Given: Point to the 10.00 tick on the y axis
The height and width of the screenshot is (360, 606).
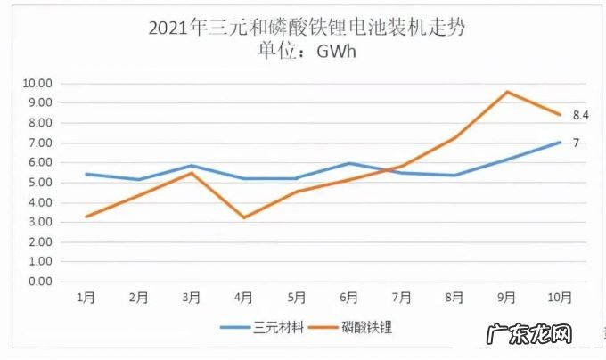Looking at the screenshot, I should click(x=37, y=84).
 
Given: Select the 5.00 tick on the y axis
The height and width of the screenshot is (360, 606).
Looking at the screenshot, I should click(x=37, y=183).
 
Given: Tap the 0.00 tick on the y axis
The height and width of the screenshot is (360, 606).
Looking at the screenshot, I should click(x=37, y=282).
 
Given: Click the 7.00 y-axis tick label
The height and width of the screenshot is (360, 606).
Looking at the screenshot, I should click(x=37, y=143).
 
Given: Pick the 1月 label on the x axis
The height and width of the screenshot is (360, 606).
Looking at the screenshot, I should click(x=86, y=298).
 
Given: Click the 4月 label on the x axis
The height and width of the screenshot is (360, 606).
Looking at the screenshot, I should click(x=244, y=298).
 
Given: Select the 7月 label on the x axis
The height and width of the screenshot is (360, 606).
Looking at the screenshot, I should click(x=402, y=298).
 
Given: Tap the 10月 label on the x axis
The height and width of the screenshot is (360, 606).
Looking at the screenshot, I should click(x=560, y=298).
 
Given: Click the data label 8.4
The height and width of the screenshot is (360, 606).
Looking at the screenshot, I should click(x=581, y=116).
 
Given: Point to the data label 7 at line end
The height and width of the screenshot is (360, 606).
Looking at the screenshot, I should click(x=577, y=143).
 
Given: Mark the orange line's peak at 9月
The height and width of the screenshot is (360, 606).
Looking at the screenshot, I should click(x=507, y=92).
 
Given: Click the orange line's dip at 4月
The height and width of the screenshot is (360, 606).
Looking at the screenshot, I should click(x=244, y=217).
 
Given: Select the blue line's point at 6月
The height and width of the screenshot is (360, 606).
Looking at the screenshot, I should click(x=349, y=163).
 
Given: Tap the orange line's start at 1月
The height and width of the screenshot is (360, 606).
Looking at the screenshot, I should click(x=86, y=217).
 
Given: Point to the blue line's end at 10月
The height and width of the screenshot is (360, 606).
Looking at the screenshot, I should click(x=560, y=142).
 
